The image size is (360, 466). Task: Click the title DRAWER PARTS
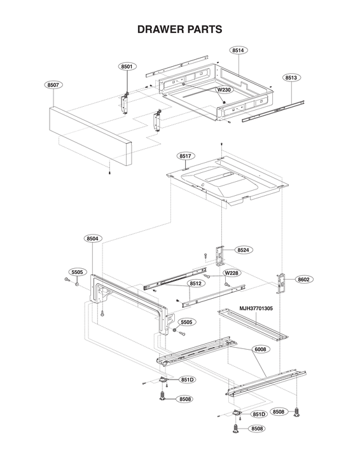180,29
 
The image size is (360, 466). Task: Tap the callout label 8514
239,50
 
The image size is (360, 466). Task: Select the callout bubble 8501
127,66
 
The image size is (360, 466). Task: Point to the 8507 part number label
53,85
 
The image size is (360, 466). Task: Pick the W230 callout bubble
224,90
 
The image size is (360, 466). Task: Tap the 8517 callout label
186,156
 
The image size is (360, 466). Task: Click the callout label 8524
243,250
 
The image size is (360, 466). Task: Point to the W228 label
232,273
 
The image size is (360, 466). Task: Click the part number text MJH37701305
256,308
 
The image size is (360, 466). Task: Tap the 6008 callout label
261,349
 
